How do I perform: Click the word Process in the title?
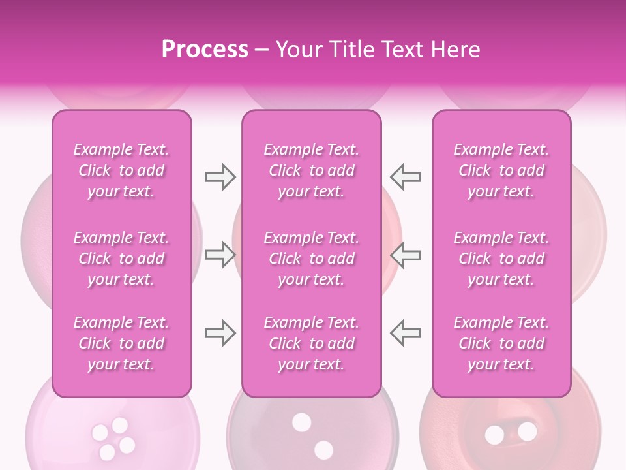pos(205,50)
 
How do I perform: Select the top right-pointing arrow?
pos(220,177)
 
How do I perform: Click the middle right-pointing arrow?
pos(220,255)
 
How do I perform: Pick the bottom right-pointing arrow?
pos(220,333)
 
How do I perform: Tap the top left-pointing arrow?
pos(406,177)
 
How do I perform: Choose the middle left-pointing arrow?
pos(406,255)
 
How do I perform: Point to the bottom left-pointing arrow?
pos(406,333)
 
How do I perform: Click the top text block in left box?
pos(121,170)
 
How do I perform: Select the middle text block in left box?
pos(121,258)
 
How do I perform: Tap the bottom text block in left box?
pos(121,343)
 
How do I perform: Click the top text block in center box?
pos(312,170)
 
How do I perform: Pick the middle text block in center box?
pos(312,258)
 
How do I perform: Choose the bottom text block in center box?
pos(312,343)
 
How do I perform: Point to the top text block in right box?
pos(501,170)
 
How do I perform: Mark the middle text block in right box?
pos(501,258)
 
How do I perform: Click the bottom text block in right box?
pos(501,343)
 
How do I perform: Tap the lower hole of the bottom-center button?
pos(323,450)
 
